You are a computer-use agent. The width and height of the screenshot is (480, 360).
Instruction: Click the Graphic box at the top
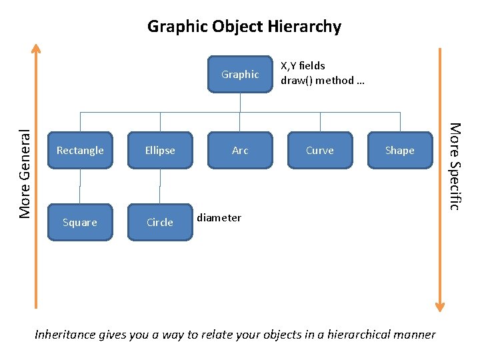click(240, 75)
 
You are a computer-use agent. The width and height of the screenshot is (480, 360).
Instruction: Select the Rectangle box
click(80, 151)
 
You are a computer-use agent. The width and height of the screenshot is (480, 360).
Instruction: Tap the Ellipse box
click(160, 151)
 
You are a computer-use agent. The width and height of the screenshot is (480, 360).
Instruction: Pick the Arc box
click(240, 151)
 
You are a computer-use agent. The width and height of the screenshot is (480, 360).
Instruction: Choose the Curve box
click(320, 151)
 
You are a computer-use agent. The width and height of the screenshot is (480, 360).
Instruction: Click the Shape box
click(399, 151)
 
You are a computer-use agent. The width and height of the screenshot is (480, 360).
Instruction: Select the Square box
click(80, 223)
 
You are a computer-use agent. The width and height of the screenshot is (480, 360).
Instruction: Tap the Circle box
click(160, 223)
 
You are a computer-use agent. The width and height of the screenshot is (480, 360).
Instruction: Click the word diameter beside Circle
click(219, 218)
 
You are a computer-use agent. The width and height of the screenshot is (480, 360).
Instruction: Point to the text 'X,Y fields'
click(303, 66)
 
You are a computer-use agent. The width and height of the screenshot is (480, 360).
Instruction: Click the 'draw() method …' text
click(322, 81)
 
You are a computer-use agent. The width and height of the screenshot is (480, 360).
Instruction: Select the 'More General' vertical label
click(25, 173)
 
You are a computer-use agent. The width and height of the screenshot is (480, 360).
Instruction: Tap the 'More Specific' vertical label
click(454, 166)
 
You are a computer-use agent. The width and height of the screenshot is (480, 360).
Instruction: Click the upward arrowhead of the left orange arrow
click(37, 49)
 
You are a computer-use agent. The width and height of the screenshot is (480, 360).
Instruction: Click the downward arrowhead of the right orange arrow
click(439, 306)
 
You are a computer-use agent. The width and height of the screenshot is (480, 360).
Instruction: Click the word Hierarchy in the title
click(302, 27)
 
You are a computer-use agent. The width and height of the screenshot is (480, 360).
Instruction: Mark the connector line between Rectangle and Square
click(80, 187)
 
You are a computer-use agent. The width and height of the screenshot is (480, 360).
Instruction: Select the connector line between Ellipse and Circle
click(160, 187)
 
